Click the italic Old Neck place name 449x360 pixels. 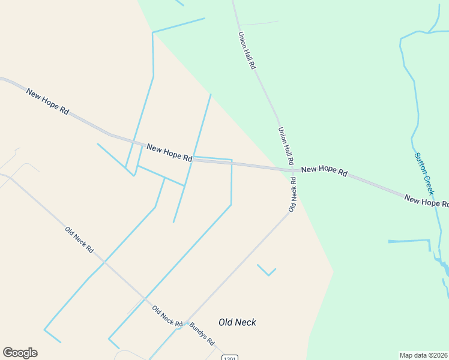(237, 322)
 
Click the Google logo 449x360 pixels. (20, 353)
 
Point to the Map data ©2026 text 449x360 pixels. (424, 355)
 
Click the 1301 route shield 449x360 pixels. (229, 358)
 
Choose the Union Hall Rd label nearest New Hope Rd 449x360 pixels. (286, 146)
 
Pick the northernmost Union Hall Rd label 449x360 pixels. (247, 51)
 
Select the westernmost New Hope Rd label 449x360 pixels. (48, 101)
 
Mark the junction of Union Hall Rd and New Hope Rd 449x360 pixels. (294, 170)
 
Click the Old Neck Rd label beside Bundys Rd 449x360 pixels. (167, 316)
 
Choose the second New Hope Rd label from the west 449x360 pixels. (169, 153)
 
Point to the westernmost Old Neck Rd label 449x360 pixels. (79, 239)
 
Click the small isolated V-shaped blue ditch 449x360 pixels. (267, 271)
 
